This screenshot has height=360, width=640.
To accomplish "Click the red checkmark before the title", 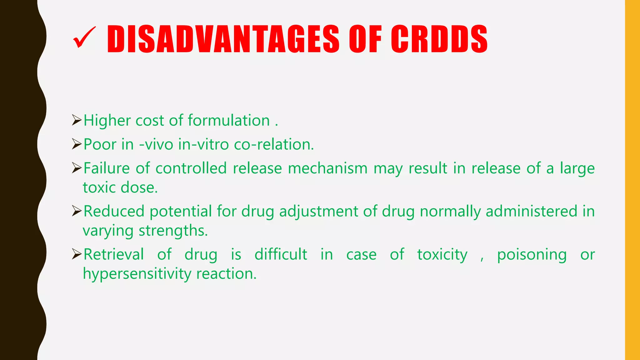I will (x=84, y=38).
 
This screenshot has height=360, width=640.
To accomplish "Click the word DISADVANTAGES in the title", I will (x=223, y=39).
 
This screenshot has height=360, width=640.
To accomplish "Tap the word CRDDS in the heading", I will (x=439, y=39).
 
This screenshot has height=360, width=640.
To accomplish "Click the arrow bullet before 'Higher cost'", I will (x=77, y=120).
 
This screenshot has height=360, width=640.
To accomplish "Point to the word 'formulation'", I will (x=229, y=121).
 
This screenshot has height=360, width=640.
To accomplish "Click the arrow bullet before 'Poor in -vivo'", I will (x=77, y=144).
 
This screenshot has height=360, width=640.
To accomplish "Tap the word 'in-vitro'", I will (x=203, y=145).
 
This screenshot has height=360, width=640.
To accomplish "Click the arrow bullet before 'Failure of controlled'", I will (x=77, y=168).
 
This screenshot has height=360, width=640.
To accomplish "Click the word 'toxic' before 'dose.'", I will (x=99, y=188).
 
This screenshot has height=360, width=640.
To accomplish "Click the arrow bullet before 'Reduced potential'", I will (x=77, y=211).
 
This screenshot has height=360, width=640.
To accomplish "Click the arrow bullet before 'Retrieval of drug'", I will (x=77, y=254).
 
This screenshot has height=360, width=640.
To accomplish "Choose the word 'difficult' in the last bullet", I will (x=281, y=254).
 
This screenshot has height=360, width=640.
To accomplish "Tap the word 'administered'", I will (x=531, y=211).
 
